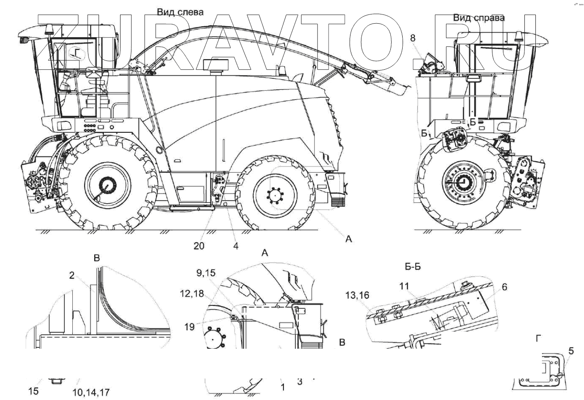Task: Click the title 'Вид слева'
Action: [x=180, y=12]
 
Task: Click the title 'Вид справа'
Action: [x=478, y=18]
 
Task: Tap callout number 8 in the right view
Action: [x=412, y=38]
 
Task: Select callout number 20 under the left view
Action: [x=198, y=246]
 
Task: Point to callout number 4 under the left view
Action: [x=235, y=246]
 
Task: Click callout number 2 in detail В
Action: [x=71, y=275]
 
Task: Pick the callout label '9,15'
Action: [x=205, y=272]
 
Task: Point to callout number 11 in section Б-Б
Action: [x=405, y=286]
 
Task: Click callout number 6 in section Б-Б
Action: [x=504, y=287]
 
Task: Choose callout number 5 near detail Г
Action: [x=571, y=350]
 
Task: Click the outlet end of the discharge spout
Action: [x=400, y=90]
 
